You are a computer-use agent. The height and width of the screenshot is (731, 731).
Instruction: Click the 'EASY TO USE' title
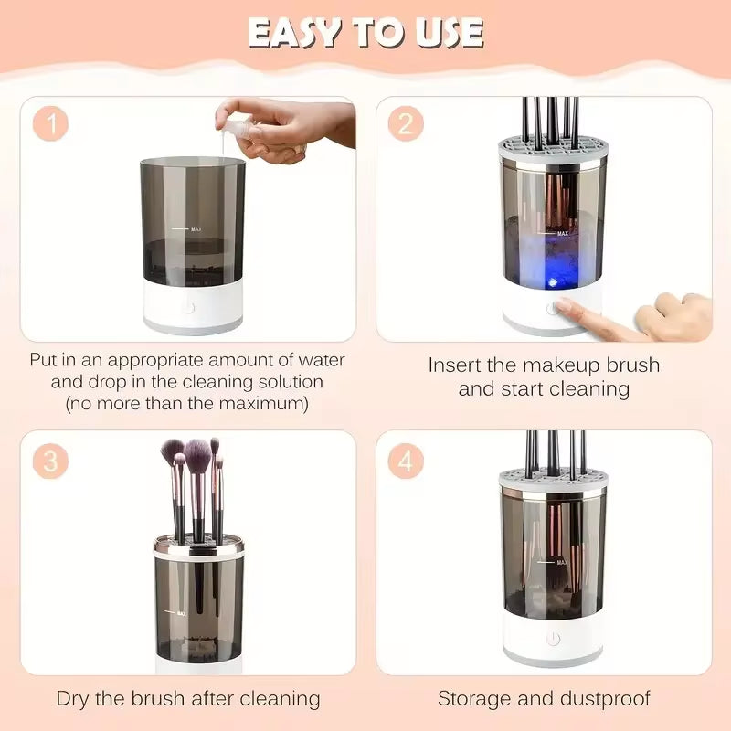coord(365,33)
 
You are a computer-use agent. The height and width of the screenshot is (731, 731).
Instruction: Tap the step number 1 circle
coord(51,124)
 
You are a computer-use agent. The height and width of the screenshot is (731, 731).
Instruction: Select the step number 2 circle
coord(405,124)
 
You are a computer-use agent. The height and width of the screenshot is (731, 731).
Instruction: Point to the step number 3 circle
coord(51,461)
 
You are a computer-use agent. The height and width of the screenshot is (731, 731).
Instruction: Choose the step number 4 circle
coord(405,461)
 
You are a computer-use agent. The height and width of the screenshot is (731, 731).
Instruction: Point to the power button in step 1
coord(189,307)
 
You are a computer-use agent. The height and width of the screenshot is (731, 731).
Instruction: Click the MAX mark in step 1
coord(196,229)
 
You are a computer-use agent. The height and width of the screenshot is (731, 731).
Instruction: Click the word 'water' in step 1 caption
coord(318,360)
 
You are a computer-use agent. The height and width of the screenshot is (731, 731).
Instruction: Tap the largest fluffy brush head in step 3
coord(197,451)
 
